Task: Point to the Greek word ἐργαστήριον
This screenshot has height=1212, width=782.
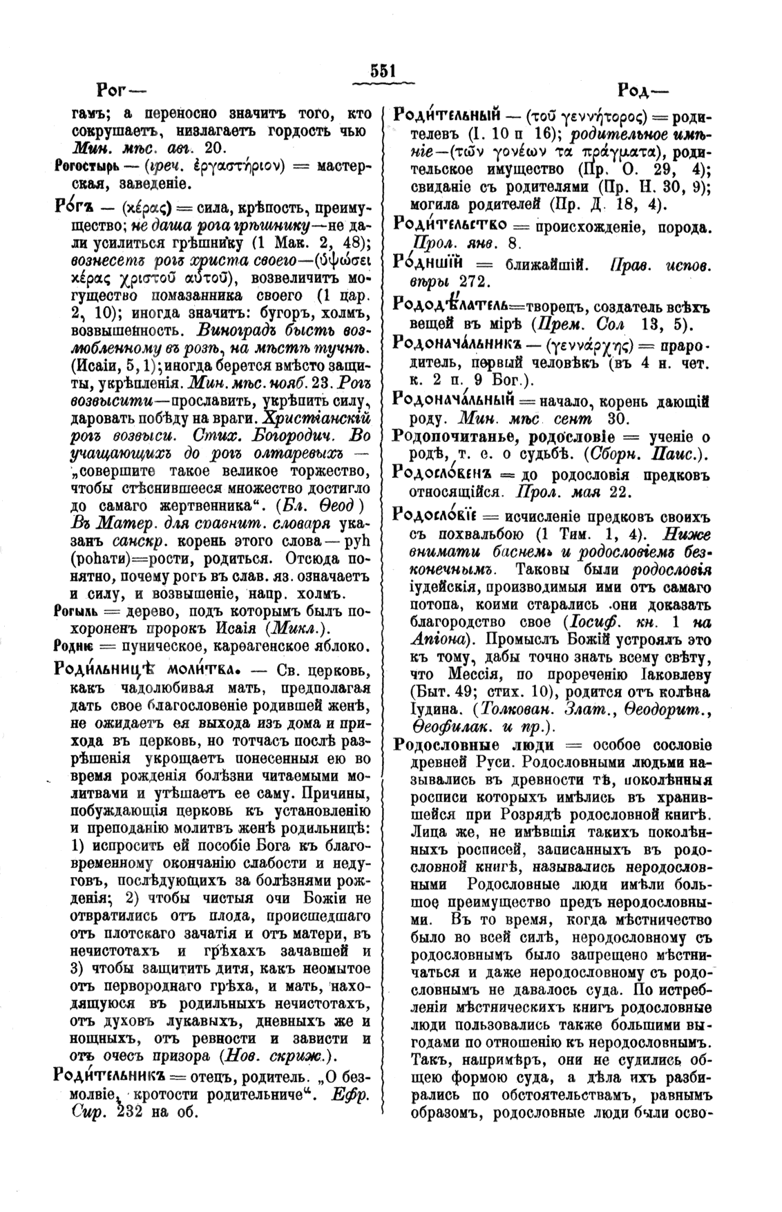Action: (232, 166)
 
